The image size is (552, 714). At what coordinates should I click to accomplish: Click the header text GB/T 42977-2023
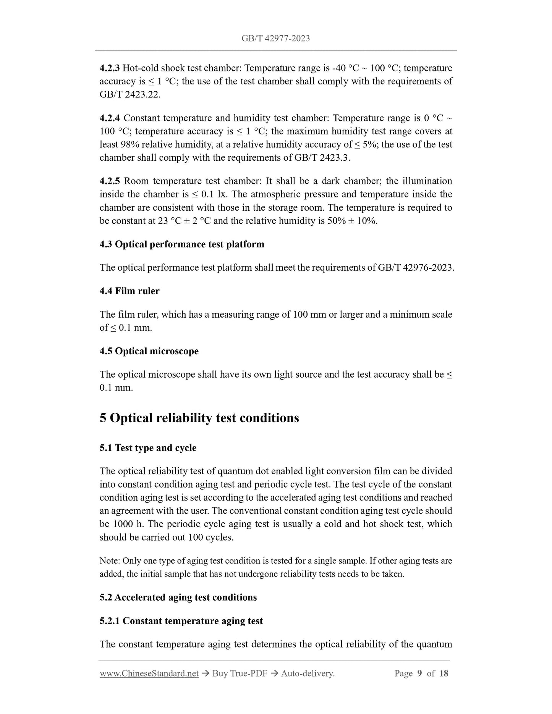coord(275,38)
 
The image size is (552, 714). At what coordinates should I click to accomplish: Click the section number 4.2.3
coord(109,68)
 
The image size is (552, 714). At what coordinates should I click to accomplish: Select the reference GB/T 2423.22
coord(130,95)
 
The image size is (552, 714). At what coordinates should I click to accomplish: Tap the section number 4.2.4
coord(109,118)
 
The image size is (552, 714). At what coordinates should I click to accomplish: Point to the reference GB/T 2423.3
coord(322,158)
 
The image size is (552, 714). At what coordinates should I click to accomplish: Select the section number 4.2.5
coord(109,181)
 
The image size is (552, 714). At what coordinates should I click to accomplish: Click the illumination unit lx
coord(222,194)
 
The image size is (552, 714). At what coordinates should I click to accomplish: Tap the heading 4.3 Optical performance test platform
coord(182,244)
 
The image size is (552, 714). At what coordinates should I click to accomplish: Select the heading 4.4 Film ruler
coord(130,291)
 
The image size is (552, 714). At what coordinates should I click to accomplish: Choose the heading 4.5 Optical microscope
coord(149,351)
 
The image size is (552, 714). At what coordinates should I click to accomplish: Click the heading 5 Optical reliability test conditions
coord(199,418)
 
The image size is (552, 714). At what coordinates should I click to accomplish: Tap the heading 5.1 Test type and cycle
coord(148,448)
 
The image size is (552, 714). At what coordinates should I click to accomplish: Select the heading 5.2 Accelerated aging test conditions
coord(178,597)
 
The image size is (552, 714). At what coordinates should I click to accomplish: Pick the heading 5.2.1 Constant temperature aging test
coord(181,621)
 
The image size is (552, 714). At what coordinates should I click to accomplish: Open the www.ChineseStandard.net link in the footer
coord(149,674)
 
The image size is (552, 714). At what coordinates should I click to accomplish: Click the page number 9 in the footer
coord(419,674)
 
